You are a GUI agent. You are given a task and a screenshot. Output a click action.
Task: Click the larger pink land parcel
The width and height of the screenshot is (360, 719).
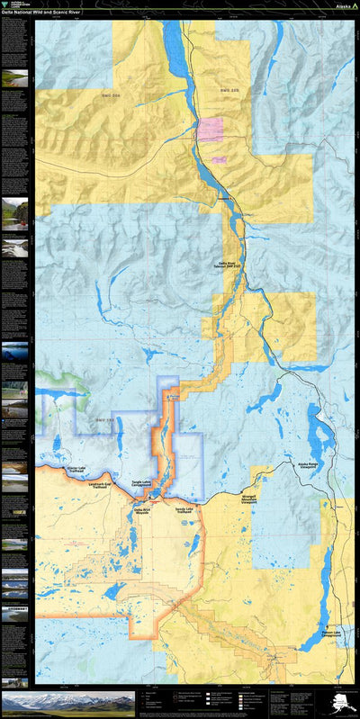(x=211, y=130)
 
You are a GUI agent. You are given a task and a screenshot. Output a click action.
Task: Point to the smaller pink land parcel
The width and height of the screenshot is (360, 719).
(x=219, y=158)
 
